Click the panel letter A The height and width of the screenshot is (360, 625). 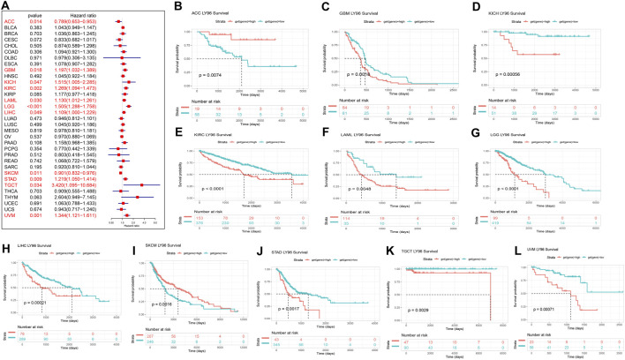[6, 7]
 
